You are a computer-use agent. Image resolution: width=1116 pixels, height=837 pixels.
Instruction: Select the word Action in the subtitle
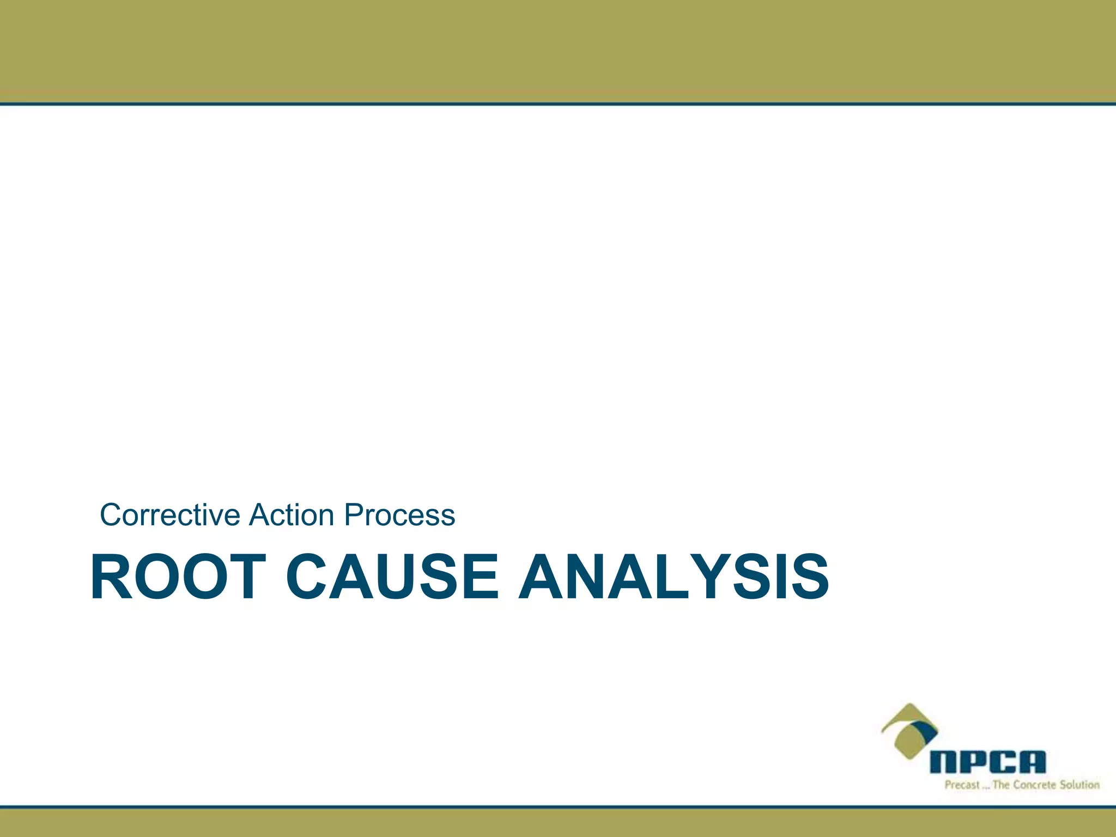pyautogui.click(x=292, y=515)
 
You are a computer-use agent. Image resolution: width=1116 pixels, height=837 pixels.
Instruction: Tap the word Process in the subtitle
pyautogui.click(x=399, y=515)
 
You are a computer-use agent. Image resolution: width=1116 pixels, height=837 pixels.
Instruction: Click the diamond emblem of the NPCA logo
pyautogui.click(x=909, y=730)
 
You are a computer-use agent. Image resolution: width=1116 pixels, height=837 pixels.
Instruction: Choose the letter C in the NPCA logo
pyautogui.click(x=1002, y=762)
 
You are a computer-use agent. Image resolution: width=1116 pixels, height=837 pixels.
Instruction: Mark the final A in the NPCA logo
pyautogui.click(x=1032, y=762)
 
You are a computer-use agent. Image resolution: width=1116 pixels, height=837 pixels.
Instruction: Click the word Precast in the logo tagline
pyautogui.click(x=962, y=785)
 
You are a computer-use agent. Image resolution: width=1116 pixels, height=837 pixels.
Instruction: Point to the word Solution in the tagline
pyautogui.click(x=1079, y=785)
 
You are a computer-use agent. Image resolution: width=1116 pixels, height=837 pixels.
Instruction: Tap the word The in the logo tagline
pyautogui.click(x=1002, y=785)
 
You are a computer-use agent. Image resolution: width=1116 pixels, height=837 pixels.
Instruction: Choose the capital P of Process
pyautogui.click(x=355, y=515)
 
